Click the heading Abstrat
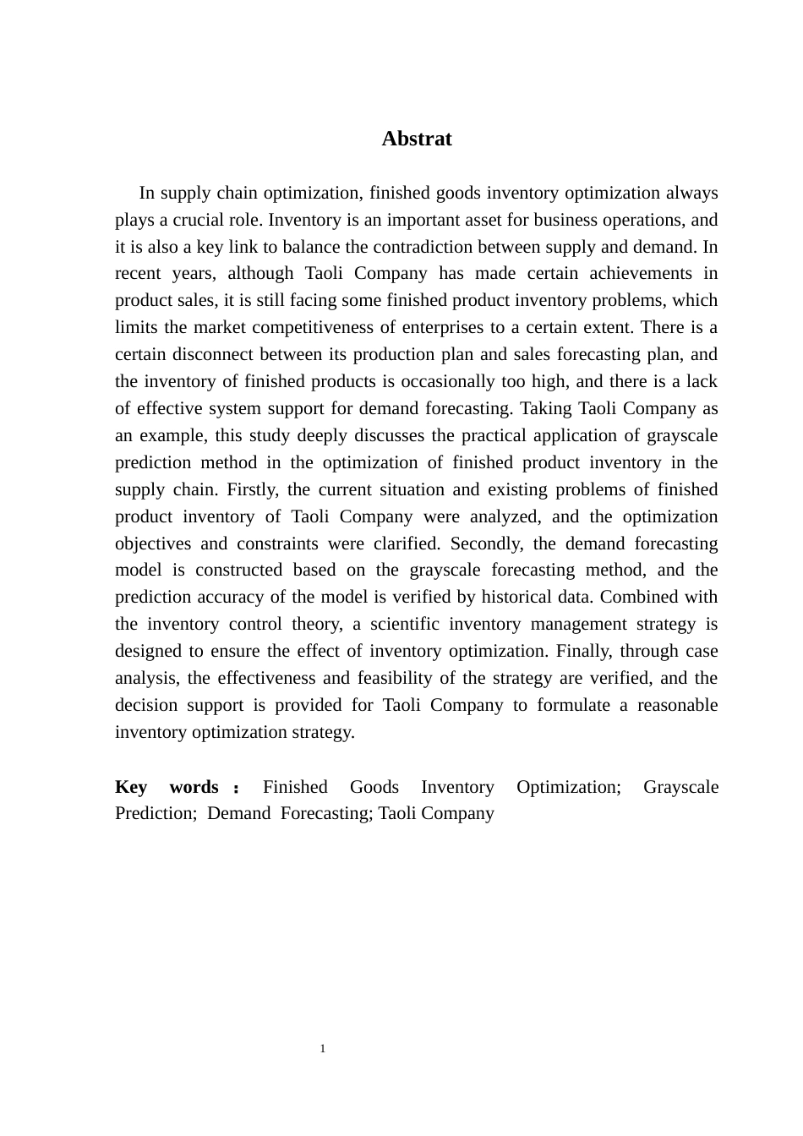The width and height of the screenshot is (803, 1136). [416, 139]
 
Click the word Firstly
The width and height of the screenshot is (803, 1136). [253, 489]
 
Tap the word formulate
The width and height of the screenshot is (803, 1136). [573, 705]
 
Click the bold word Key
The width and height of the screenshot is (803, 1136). [131, 787]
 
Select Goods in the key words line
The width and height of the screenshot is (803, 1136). [374, 787]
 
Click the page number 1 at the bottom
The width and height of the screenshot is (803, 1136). [323, 1049]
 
